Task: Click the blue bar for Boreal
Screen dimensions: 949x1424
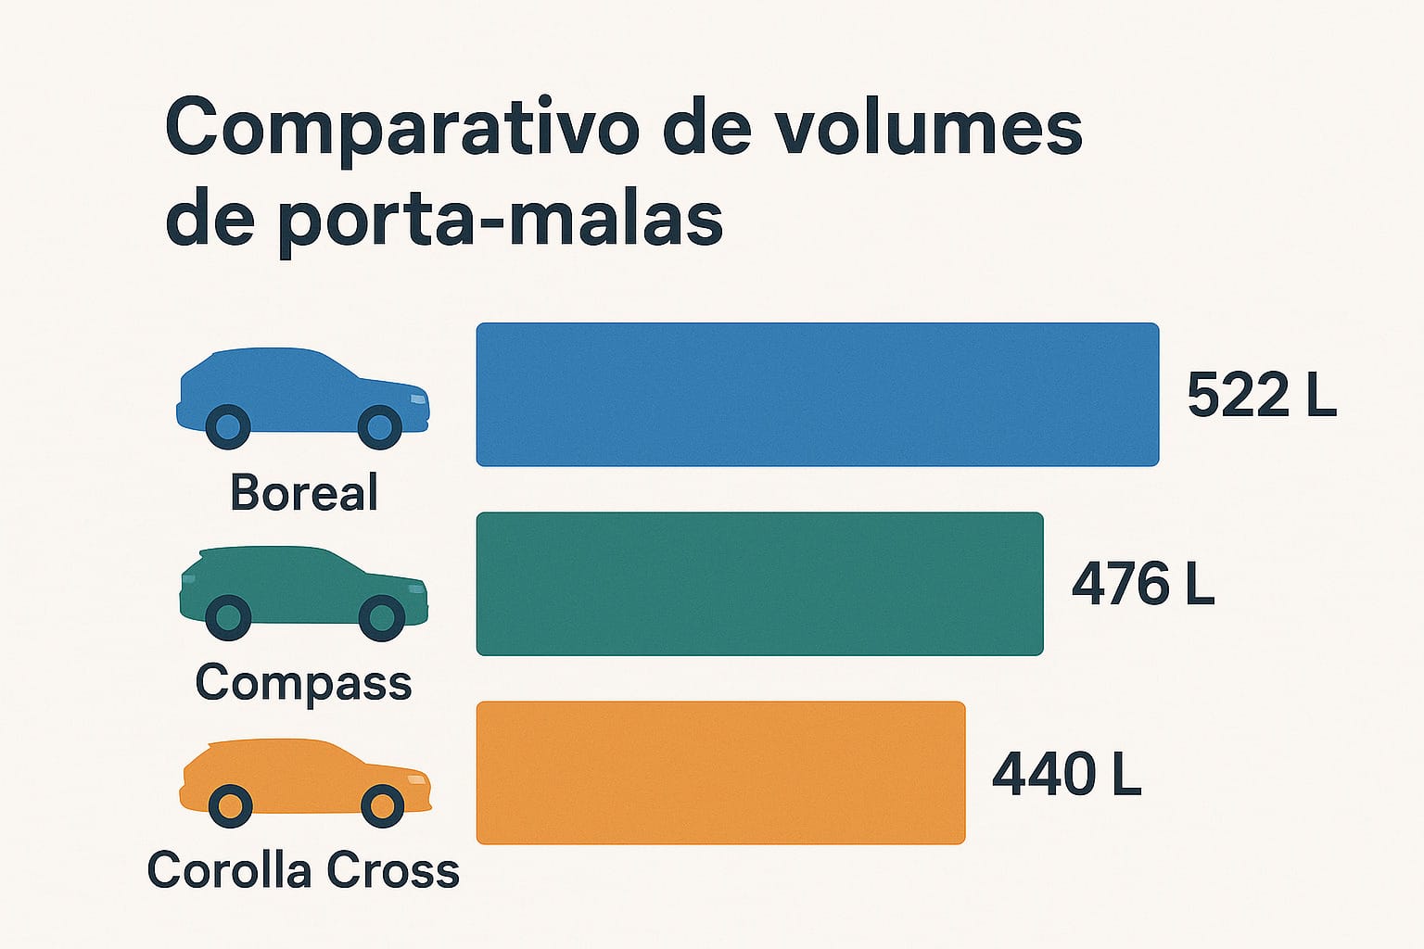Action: [x=817, y=395]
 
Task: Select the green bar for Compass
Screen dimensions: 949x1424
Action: [x=759, y=584]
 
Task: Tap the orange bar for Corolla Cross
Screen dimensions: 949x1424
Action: [x=720, y=773]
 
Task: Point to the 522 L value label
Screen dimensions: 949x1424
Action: [x=1261, y=396]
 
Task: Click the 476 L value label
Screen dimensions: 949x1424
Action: [x=1142, y=585]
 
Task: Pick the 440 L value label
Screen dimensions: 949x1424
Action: [x=1066, y=775]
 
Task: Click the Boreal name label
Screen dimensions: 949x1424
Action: [x=304, y=492]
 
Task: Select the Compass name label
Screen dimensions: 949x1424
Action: [x=303, y=684]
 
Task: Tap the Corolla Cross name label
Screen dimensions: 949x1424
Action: [x=303, y=871]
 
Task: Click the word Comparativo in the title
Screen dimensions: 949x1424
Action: [x=400, y=130]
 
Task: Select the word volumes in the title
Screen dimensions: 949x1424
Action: [x=928, y=128]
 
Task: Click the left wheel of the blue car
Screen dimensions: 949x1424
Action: [x=227, y=427]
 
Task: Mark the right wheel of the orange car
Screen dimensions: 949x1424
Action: [x=382, y=805]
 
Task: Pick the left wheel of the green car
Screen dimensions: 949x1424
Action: [x=228, y=617]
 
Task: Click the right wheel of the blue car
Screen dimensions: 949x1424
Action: [x=380, y=427]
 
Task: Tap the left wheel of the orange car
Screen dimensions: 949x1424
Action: [x=230, y=805]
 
